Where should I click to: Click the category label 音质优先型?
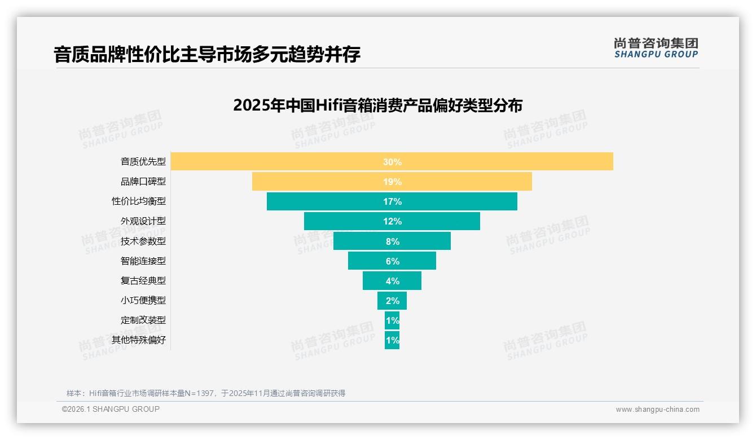(143, 161)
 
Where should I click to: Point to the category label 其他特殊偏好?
(139, 340)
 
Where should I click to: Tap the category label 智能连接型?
(143, 261)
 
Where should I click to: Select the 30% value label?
(392, 162)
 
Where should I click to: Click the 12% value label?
(392, 221)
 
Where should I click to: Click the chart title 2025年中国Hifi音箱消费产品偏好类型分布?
(377, 105)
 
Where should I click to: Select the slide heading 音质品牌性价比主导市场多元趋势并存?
(207, 55)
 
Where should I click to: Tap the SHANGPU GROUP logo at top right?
(656, 48)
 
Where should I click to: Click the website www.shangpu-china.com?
(657, 410)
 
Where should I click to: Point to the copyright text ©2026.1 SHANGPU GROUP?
(111, 409)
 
